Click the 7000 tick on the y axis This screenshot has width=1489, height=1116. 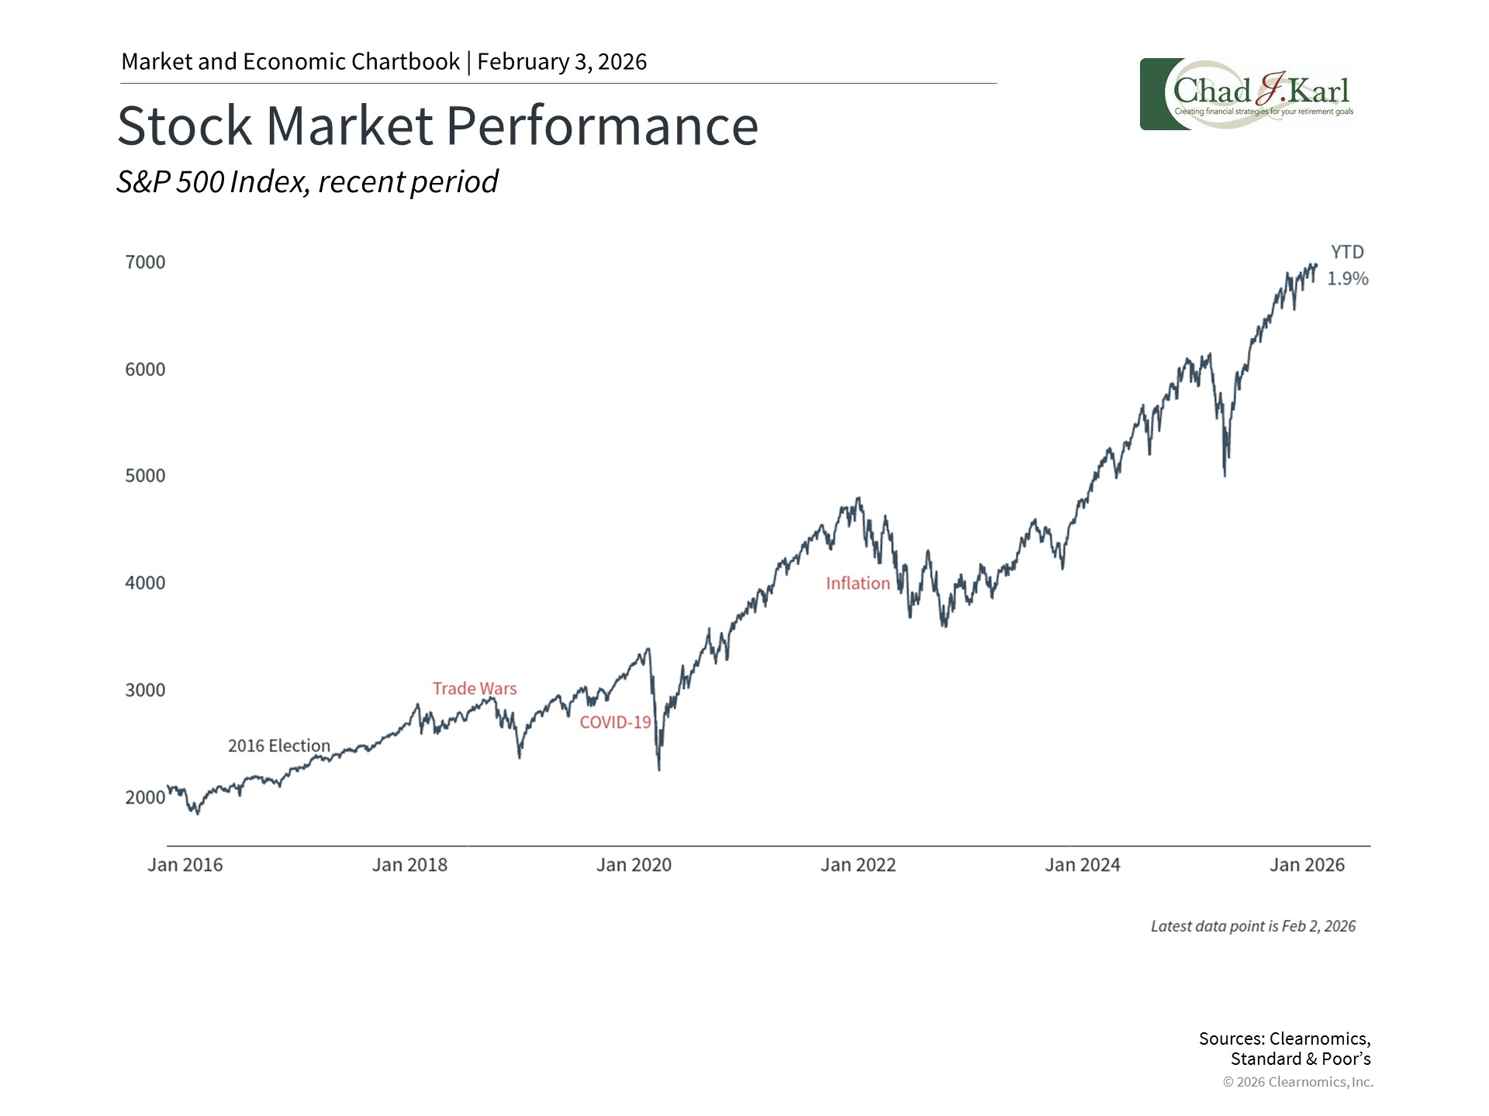[x=145, y=262]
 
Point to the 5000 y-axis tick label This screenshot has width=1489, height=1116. [x=145, y=475]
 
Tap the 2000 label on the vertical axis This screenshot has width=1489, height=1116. [x=145, y=797]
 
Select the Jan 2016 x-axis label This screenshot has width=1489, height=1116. [x=185, y=865]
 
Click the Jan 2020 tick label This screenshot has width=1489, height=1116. [x=634, y=865]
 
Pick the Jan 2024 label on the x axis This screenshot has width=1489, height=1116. [x=1082, y=865]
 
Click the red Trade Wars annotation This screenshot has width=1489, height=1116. [x=475, y=688]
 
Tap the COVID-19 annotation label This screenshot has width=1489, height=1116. [x=615, y=722]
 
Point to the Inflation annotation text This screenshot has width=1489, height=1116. [x=858, y=584]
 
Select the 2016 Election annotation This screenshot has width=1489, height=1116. [x=278, y=746]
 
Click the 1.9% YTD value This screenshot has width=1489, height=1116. [x=1347, y=278]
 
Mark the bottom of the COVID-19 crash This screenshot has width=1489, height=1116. [x=659, y=770]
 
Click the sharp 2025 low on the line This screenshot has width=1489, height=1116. [x=1225, y=475]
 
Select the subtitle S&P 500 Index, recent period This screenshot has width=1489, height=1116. [x=307, y=182]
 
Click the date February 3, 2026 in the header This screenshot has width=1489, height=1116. [x=561, y=62]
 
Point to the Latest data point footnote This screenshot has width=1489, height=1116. [x=1252, y=926]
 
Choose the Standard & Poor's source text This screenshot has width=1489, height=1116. [x=1300, y=1059]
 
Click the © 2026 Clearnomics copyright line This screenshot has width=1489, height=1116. [x=1297, y=1082]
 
